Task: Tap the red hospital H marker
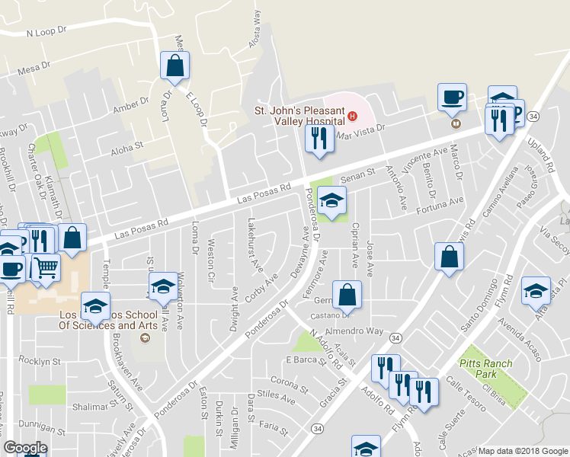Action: pos(352,117)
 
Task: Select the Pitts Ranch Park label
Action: pos(488,369)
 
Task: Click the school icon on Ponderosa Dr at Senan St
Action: pos(331,201)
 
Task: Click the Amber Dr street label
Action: pos(130,105)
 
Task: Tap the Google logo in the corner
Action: pos(24,447)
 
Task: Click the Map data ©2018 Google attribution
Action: pos(522,450)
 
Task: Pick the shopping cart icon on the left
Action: pos(46,267)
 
